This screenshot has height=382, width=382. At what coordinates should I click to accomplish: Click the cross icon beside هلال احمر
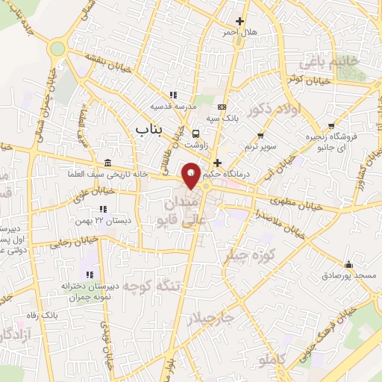click(239, 22)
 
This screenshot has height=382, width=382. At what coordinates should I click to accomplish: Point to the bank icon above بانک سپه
click(222, 107)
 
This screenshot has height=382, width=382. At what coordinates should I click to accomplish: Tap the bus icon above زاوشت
click(195, 134)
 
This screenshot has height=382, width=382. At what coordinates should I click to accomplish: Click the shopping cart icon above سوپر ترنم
click(260, 135)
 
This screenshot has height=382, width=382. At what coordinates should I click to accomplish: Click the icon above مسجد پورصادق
click(348, 264)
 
